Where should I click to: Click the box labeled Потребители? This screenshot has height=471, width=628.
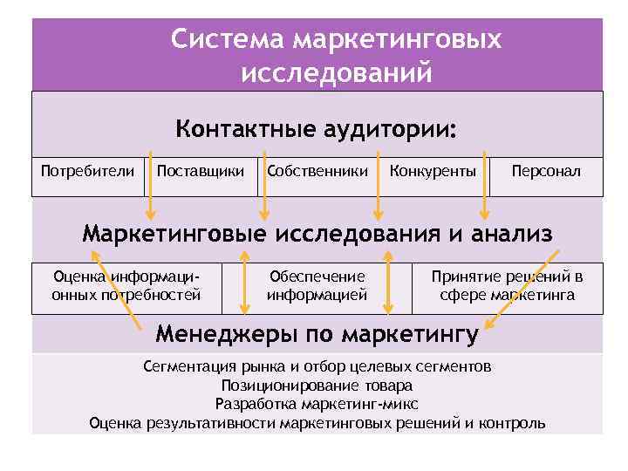[88, 171]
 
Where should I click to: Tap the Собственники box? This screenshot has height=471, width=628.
[317, 171]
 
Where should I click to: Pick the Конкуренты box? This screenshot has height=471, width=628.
[433, 171]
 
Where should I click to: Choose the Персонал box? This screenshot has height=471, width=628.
[546, 171]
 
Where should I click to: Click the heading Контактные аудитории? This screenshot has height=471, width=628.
[316, 130]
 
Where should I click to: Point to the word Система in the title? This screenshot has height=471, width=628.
[229, 39]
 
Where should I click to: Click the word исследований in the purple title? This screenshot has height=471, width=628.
[336, 72]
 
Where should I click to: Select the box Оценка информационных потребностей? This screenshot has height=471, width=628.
[126, 286]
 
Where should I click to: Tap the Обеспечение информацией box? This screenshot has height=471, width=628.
[317, 286]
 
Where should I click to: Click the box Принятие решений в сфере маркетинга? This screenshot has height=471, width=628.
[507, 286]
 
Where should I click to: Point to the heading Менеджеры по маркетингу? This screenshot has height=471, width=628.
[317, 334]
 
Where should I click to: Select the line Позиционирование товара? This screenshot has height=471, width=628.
[317, 385]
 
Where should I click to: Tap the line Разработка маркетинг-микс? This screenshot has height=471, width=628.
[317, 404]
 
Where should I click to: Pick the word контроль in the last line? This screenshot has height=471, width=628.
[510, 423]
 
